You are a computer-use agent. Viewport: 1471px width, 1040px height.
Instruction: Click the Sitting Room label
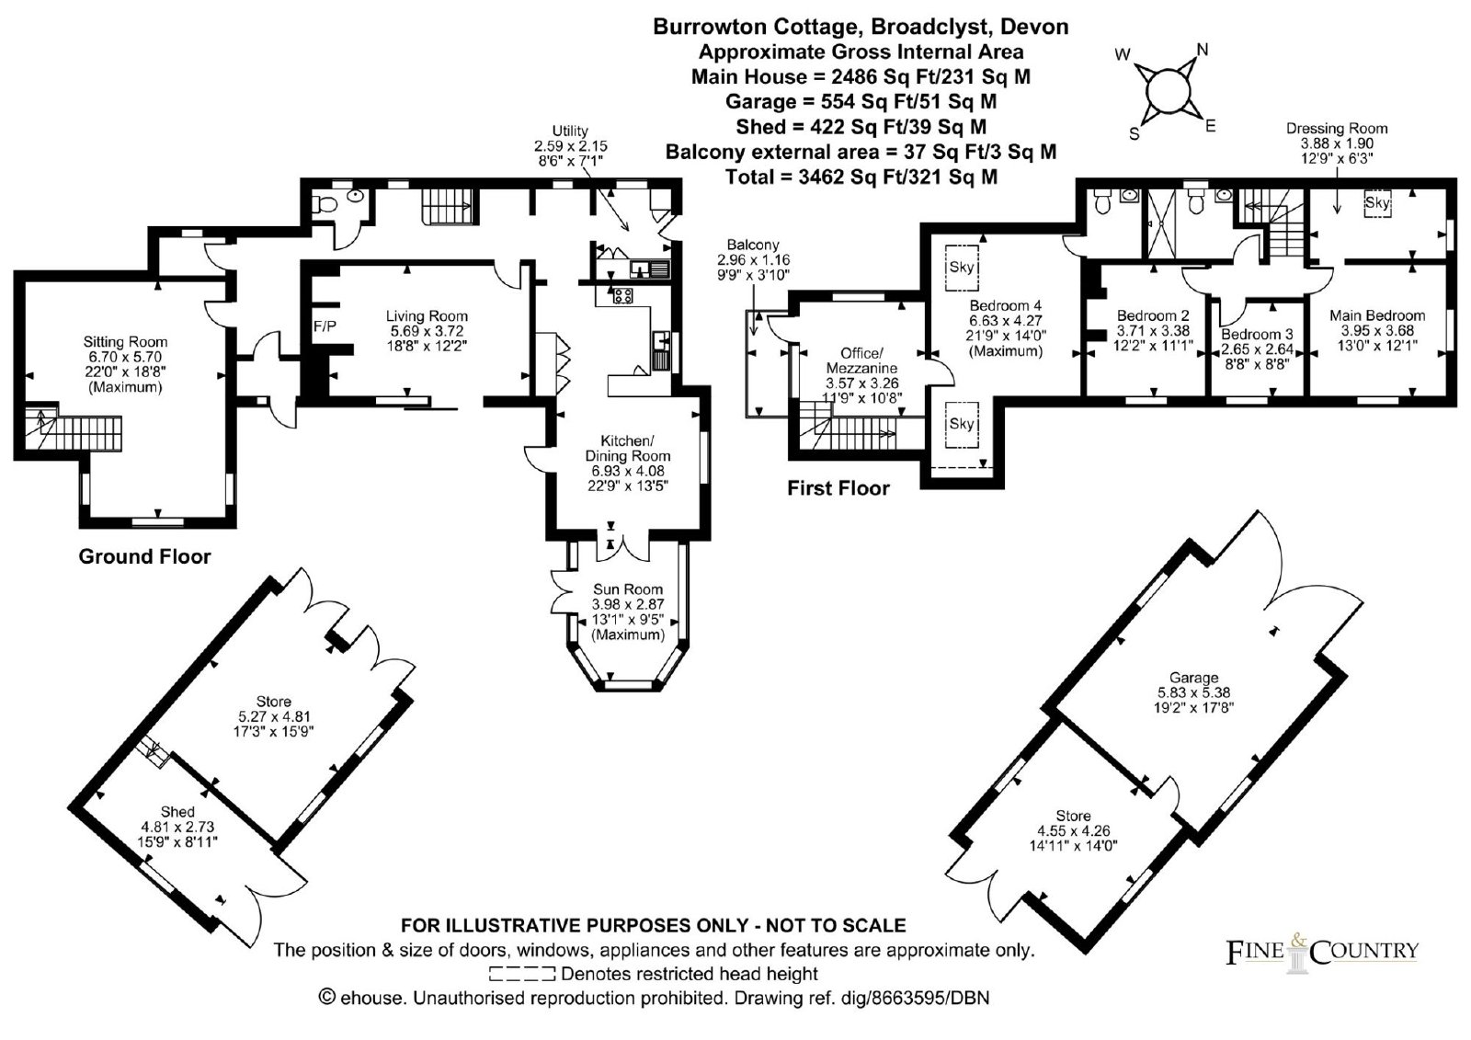pyautogui.click(x=125, y=342)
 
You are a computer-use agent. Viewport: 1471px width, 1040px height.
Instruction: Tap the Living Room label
pyautogui.click(x=427, y=316)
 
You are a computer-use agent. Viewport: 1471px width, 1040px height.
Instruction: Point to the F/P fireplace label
pyautogui.click(x=325, y=326)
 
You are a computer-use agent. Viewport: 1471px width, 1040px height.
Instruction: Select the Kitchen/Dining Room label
pyautogui.click(x=627, y=448)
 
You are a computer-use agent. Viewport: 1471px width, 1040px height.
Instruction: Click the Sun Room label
pyautogui.click(x=628, y=589)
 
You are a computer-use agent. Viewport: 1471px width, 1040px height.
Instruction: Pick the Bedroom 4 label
pyautogui.click(x=1005, y=305)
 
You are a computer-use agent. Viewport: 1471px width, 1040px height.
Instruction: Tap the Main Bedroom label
pyautogui.click(x=1377, y=315)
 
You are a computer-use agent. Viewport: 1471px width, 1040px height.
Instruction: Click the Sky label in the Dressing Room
pyautogui.click(x=1377, y=202)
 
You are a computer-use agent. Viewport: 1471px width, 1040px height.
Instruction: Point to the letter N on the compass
pyautogui.click(x=1203, y=50)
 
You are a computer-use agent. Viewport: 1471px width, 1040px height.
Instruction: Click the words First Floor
pyautogui.click(x=838, y=488)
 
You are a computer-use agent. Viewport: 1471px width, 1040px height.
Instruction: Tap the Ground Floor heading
pyautogui.click(x=144, y=556)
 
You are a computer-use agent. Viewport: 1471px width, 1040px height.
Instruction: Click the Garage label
pyautogui.click(x=1193, y=678)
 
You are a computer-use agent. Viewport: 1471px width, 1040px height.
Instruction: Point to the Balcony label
pyautogui.click(x=753, y=245)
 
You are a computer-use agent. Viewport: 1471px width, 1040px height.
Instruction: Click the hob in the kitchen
pyautogui.click(x=622, y=296)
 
